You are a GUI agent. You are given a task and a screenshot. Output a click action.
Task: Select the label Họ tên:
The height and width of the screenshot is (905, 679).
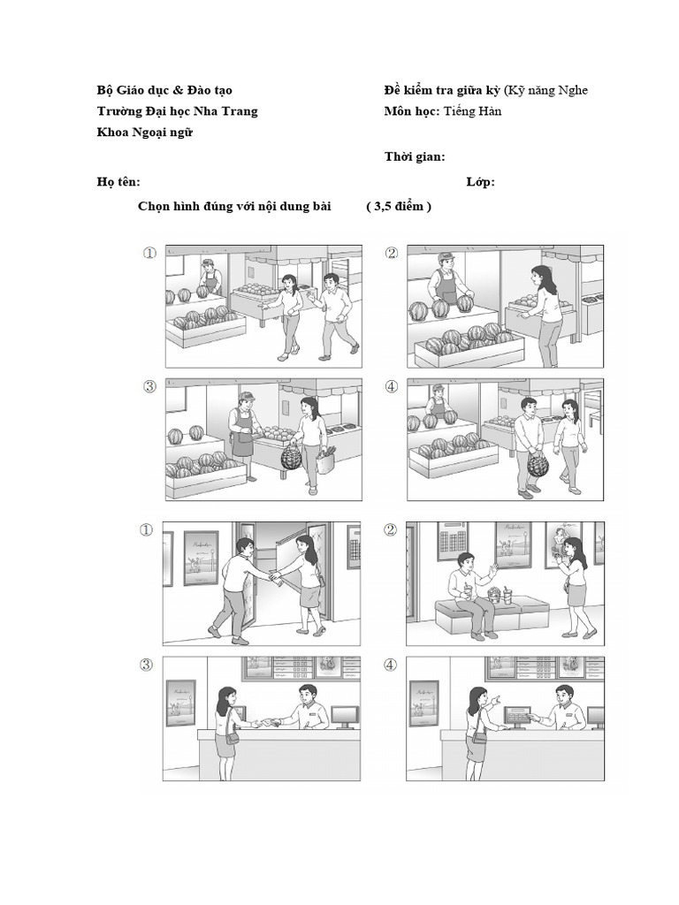click(x=118, y=182)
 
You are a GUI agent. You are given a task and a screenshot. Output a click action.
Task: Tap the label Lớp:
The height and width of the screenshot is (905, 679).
click(x=480, y=182)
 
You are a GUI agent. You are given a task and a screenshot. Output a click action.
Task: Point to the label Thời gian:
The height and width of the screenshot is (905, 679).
click(x=415, y=157)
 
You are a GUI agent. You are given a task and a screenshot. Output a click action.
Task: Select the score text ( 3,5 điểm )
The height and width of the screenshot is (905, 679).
click(x=399, y=207)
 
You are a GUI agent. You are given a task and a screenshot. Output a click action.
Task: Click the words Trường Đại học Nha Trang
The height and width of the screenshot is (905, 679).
click(x=177, y=112)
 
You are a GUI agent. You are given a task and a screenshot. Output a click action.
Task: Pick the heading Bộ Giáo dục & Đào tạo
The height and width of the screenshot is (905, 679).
click(x=164, y=91)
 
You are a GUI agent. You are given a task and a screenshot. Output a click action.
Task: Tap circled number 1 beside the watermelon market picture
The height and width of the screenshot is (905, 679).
click(x=149, y=254)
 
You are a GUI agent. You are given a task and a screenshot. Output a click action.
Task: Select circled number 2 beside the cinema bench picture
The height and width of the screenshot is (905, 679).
click(x=391, y=530)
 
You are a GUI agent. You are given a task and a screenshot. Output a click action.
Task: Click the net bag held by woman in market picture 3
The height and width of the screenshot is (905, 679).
click(x=291, y=458)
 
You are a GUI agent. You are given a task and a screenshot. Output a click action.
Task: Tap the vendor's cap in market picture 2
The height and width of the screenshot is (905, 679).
click(x=446, y=257)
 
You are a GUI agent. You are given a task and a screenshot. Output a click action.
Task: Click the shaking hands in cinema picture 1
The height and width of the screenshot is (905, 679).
click(x=275, y=578)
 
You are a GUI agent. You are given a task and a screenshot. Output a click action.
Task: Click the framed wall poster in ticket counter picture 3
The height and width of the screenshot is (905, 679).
click(x=180, y=703)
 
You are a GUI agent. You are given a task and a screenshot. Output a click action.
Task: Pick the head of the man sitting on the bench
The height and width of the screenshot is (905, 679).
click(x=465, y=562)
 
